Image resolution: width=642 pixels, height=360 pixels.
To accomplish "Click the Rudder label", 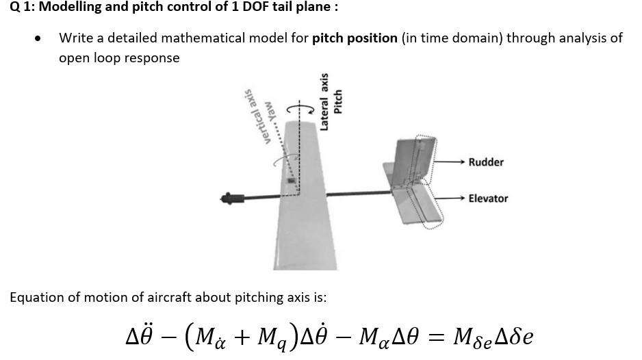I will tap(486, 162).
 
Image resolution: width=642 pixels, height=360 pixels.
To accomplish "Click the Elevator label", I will tap(488, 198).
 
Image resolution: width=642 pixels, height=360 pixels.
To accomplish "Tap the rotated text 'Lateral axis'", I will tap(325, 101).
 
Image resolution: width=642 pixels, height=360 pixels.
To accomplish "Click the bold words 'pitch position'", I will tap(355, 38).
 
